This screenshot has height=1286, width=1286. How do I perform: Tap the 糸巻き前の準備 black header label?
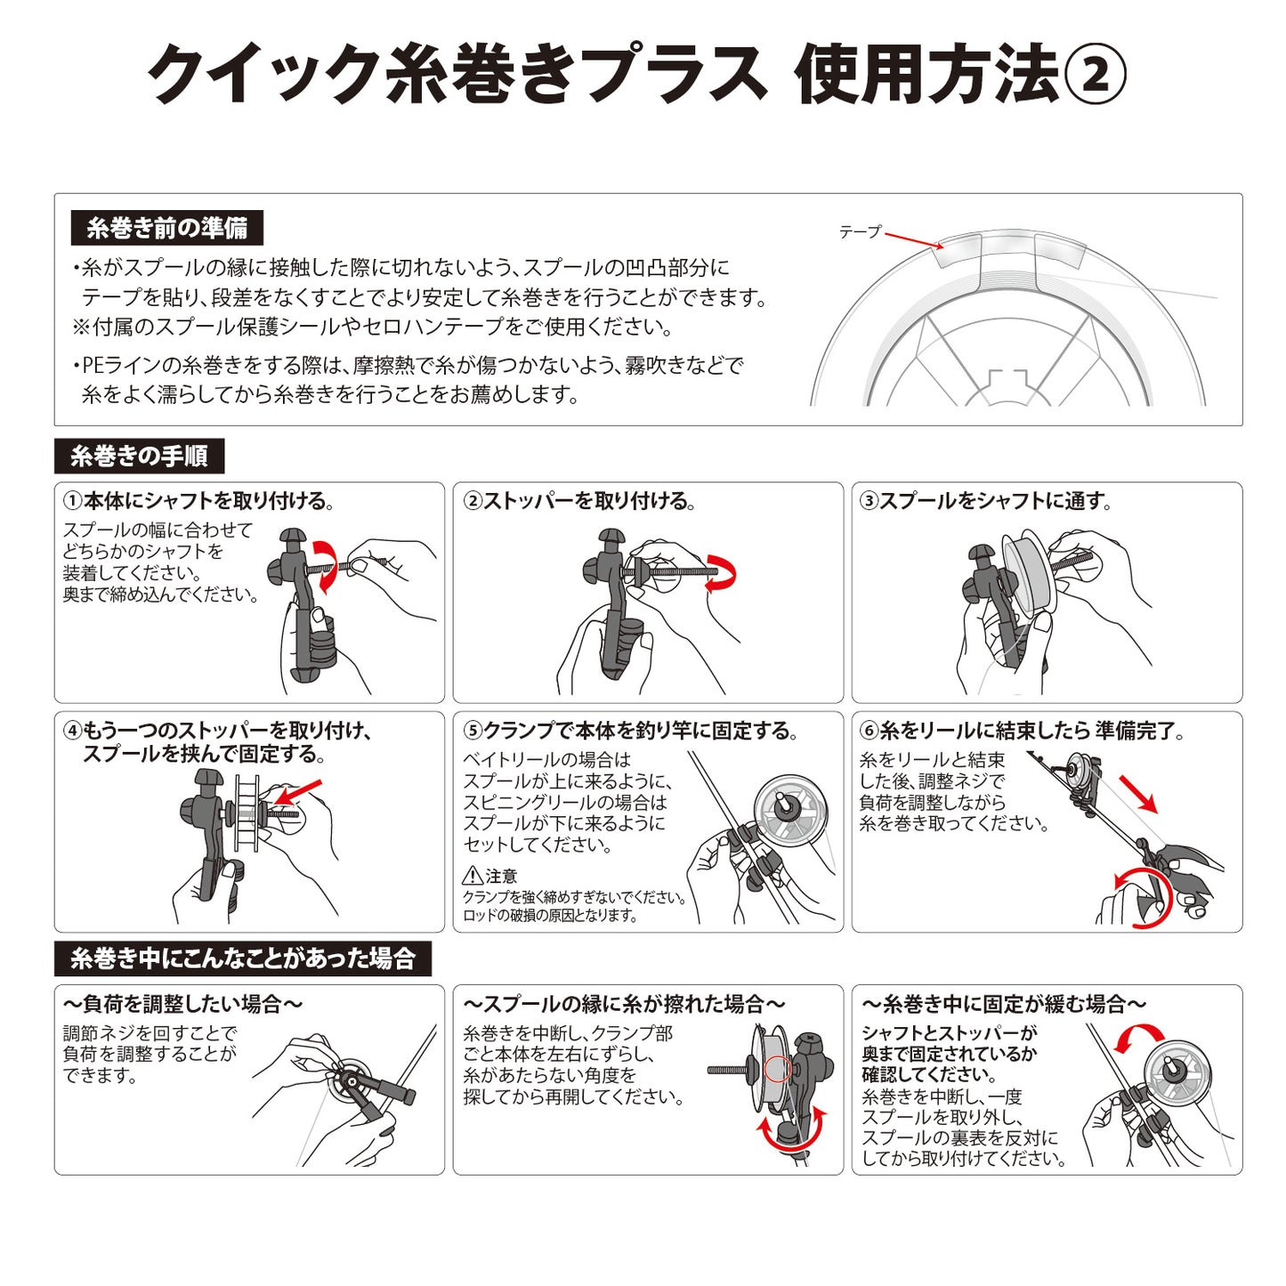click(167, 228)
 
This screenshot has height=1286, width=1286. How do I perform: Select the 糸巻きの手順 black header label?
click(139, 457)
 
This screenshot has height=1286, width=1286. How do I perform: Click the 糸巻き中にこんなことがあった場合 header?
click(242, 958)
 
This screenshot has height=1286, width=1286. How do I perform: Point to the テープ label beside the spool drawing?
click(860, 231)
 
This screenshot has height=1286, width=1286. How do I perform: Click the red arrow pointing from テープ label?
click(914, 240)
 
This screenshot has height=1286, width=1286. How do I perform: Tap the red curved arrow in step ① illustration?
click(326, 564)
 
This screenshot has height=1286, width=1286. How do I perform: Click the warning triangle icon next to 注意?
click(473, 876)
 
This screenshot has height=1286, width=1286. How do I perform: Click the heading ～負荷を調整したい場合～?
click(182, 1005)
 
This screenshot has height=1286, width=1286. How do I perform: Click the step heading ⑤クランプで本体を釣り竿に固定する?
click(630, 731)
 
